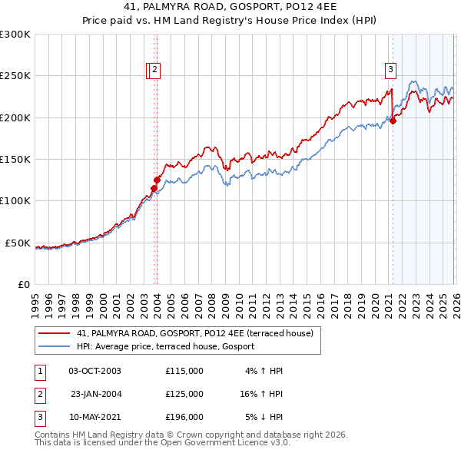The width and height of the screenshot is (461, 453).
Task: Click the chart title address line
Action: coord(230,6)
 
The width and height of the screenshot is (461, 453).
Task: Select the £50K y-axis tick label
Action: coord(18,243)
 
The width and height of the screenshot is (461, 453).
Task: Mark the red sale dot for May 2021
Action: coord(393,121)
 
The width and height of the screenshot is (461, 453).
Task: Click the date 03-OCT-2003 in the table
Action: coord(95,371)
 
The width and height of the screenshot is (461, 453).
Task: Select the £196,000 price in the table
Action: coord(184,417)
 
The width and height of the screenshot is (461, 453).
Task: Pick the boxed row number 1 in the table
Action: coord(39,371)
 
